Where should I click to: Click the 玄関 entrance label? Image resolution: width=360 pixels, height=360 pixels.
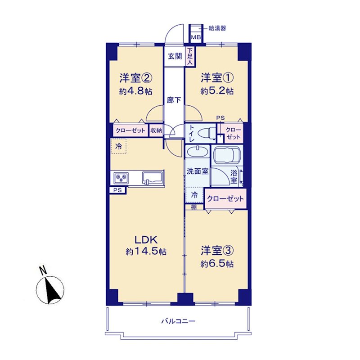coord(175,56)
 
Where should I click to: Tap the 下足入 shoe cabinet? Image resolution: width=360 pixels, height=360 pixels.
coord(190,57)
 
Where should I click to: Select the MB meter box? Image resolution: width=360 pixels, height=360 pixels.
coord(196,37)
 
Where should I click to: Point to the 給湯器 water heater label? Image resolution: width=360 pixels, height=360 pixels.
coord(217,28)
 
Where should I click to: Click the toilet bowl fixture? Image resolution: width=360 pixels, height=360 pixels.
coord(207,133)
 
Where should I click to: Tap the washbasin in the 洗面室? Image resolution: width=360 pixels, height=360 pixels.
coord(198,152)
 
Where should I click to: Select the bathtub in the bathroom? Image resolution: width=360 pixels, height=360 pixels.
coord(227,155)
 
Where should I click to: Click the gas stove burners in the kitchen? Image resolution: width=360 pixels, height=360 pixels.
coord(121,178)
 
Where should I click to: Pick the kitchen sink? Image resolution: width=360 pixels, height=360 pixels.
coord(153,178)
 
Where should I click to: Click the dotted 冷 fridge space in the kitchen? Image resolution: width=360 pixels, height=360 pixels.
coord(118,146)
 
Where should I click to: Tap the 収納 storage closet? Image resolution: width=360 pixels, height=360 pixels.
coord(156,130)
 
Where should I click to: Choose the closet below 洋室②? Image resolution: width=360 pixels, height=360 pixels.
coord(130,130)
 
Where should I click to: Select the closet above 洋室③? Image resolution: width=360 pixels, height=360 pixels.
coord(225,198)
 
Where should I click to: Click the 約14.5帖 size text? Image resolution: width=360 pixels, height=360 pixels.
coord(146,252)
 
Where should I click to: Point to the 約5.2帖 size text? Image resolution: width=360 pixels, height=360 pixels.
coord(217,91)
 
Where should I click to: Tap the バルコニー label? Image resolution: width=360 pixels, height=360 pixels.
coord(178,321)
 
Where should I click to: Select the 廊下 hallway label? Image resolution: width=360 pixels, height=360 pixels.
coord(174,100)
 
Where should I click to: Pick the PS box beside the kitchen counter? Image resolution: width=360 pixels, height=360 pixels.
coord(118,190)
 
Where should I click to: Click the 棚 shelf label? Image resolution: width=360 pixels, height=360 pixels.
coord(194,207)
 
